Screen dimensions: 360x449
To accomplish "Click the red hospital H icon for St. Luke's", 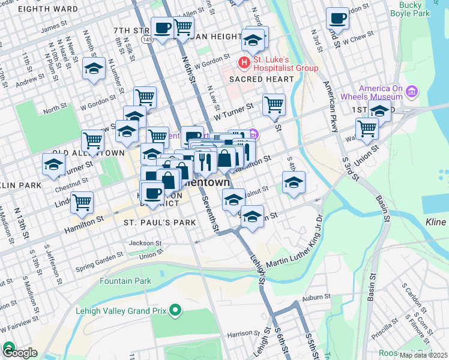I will pyautogui.click(x=244, y=62).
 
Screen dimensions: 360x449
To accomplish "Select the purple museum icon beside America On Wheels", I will pyautogui.click(x=412, y=92).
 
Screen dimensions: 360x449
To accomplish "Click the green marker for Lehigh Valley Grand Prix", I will pyautogui.click(x=175, y=310).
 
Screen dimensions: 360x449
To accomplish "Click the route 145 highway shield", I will pyautogui.click(x=147, y=39).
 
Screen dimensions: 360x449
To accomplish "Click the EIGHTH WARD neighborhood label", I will pyautogui.click(x=48, y=9).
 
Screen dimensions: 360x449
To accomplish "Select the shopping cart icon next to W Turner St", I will pyautogui.click(x=274, y=104).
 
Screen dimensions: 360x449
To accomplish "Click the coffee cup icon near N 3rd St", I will pyautogui.click(x=337, y=18).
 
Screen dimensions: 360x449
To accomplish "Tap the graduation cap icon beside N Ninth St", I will pyautogui.click(x=94, y=68).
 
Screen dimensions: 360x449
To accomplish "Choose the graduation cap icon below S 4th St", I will pyautogui.click(x=294, y=182).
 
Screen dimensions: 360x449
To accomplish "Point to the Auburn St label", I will pyautogui.click(x=316, y=297).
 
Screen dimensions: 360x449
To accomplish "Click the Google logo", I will pyautogui.click(x=19, y=353).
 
